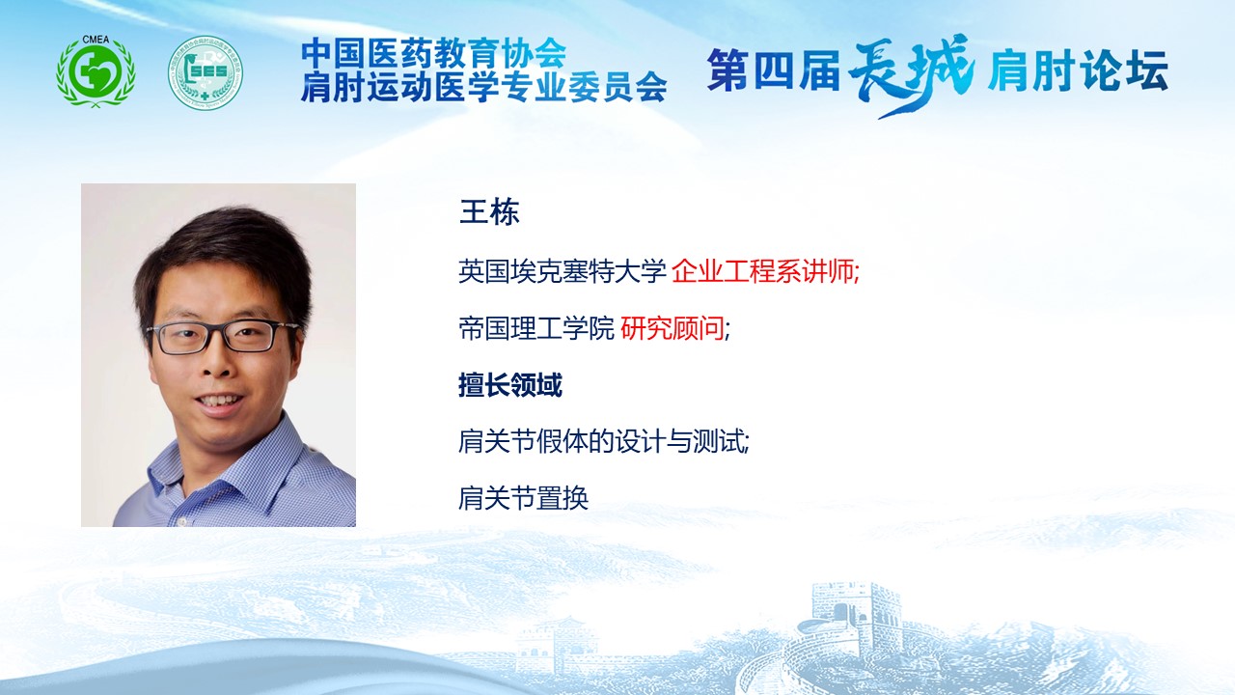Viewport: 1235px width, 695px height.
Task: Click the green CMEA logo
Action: pyautogui.click(x=96, y=71)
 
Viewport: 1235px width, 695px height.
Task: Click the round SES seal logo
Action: pyautogui.click(x=206, y=72)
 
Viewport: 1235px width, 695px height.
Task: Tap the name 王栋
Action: pyautogui.click(x=489, y=212)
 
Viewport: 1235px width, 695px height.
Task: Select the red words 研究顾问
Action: pyautogui.click(x=672, y=329)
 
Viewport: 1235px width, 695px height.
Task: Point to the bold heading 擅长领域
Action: pyautogui.click(x=510, y=385)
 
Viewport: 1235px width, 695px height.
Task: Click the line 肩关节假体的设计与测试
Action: pyautogui.click(x=602, y=441)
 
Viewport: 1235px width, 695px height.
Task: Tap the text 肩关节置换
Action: pyautogui.click(x=523, y=498)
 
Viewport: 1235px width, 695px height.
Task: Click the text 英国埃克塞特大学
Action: pyautogui.click(x=563, y=271)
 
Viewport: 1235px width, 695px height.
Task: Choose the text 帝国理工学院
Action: pyautogui.click(x=535, y=329)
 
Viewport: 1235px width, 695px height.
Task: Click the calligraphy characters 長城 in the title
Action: pyautogui.click(x=911, y=74)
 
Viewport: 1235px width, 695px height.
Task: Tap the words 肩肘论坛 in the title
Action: pyautogui.click(x=1078, y=70)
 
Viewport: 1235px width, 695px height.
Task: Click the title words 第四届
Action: pyautogui.click(x=774, y=70)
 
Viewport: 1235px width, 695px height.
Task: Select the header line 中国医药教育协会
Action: pyautogui.click(x=433, y=52)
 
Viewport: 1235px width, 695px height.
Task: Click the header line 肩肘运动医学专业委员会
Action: pyautogui.click(x=483, y=87)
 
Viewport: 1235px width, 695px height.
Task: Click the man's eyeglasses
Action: pyautogui.click(x=222, y=337)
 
